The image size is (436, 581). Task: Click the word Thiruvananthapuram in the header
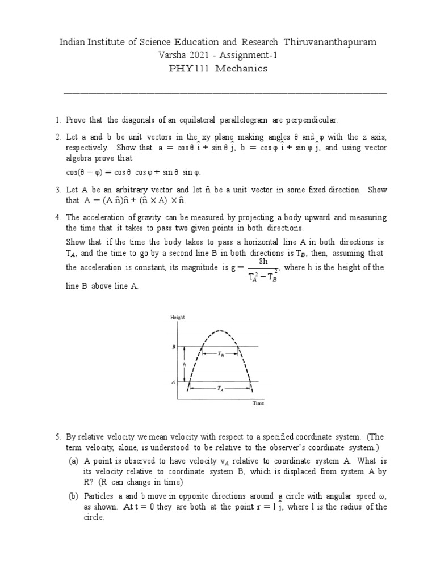[x=329, y=43]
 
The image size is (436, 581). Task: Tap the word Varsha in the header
[x=177, y=56]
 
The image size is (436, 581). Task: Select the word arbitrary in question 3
[x=112, y=190]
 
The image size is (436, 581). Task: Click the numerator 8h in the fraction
[x=263, y=262]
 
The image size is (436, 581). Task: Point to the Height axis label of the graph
[x=178, y=318]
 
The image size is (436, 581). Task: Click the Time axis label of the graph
[x=258, y=403]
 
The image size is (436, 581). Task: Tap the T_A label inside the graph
[x=220, y=388]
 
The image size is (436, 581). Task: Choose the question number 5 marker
[x=57, y=437]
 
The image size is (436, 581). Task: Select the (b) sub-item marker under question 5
[x=73, y=496]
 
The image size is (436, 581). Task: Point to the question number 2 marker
[x=57, y=137]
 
